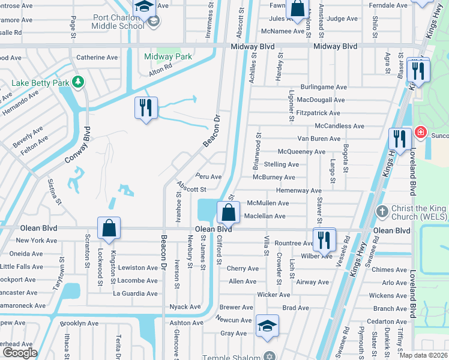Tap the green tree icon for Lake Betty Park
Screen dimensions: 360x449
[x=76, y=81]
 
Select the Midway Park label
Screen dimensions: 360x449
[x=168, y=57]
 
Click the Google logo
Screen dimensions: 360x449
[x=20, y=353]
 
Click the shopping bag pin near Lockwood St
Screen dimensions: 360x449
[x=109, y=229]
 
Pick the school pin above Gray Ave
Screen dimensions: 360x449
[x=268, y=326]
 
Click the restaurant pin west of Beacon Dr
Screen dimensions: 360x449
[x=146, y=108]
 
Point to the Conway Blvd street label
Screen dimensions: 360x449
[x=77, y=148]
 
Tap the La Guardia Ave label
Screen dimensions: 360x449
[x=135, y=293]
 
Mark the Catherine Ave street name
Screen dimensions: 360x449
[x=97, y=58]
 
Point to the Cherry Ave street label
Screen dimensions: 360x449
[x=243, y=269]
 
